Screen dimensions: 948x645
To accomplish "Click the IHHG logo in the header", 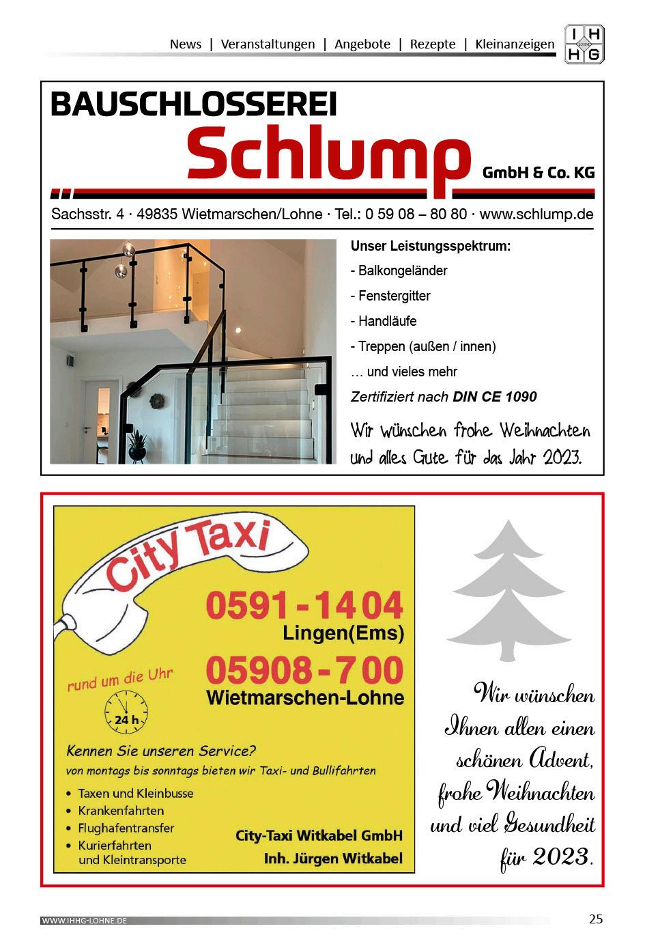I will pos(584,44).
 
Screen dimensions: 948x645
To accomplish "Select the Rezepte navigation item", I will pos(432,44).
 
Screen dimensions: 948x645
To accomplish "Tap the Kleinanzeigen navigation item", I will pos(515,44).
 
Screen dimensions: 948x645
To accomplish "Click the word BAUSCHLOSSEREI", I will pos(194,104).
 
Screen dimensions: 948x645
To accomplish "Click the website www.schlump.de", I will pos(536,214).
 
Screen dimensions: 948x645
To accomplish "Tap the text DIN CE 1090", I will pos(494,397).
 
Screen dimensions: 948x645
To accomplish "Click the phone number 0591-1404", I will pos(304,605).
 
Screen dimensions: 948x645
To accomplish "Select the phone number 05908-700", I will pos(304,670).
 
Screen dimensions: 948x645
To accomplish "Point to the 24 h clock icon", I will pos(126,711).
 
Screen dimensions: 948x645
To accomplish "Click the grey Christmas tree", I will pos(508,590).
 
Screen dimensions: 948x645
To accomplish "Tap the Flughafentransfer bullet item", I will pos(126,828).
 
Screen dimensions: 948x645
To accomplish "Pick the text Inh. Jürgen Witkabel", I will pos(333,858).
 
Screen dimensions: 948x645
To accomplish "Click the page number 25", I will pos(596,919).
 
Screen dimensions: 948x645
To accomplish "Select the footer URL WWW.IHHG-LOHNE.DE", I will pos(85,921).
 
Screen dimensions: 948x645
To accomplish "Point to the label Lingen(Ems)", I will pos(343,634).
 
